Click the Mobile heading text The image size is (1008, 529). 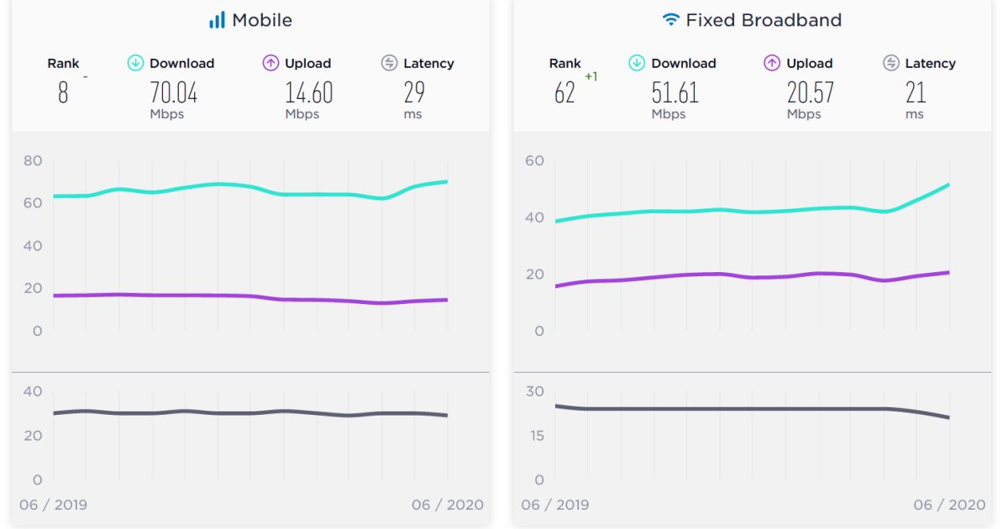pyautogui.click(x=262, y=20)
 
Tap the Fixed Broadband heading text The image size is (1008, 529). pyautogui.click(x=764, y=20)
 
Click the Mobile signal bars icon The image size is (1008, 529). pyautogui.click(x=217, y=20)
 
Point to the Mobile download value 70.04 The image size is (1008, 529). pyautogui.click(x=173, y=92)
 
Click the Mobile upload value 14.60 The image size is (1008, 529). pyautogui.click(x=308, y=92)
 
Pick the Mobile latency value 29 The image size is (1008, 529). pyautogui.click(x=414, y=92)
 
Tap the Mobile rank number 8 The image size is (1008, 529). pyautogui.click(x=63, y=92)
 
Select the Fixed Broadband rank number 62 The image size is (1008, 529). pyautogui.click(x=564, y=92)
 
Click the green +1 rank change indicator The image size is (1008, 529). pyautogui.click(x=591, y=77)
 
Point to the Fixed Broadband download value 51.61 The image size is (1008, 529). pyautogui.click(x=675, y=92)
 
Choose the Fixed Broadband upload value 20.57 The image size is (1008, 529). pyautogui.click(x=810, y=92)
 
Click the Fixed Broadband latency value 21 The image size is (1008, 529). pyautogui.click(x=916, y=92)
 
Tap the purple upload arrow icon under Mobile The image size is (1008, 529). pyautogui.click(x=270, y=63)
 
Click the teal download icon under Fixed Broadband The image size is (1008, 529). pyautogui.click(x=637, y=63)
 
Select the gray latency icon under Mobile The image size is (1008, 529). pyautogui.click(x=389, y=63)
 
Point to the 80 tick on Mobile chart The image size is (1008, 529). pyautogui.click(x=32, y=160)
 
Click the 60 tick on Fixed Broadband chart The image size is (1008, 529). pyautogui.click(x=533, y=160)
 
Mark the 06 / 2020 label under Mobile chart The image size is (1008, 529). pyautogui.click(x=447, y=505)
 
